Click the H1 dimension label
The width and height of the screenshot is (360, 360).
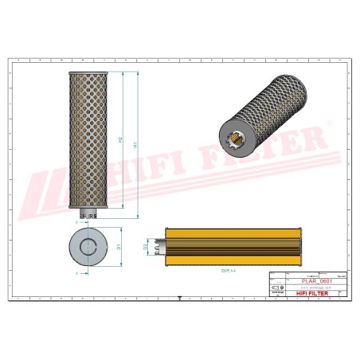pyautogui.click(x=136, y=146)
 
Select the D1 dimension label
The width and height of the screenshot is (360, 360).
pyautogui.click(x=119, y=247)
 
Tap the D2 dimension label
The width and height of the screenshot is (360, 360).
pyautogui.click(x=146, y=248)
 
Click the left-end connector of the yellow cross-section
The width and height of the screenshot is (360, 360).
pyautogui.click(x=161, y=248)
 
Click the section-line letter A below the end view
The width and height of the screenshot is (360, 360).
pyautogui.click(x=77, y=272)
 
